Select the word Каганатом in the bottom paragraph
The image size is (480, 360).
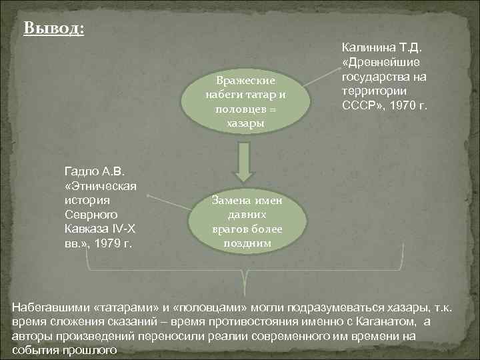(387, 322)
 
